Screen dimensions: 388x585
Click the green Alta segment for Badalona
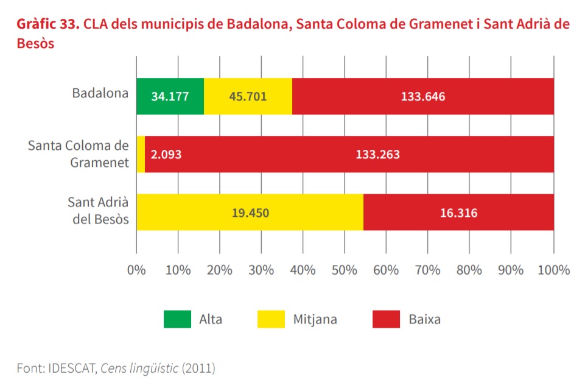(170, 96)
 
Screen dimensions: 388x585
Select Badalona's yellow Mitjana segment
(248, 96)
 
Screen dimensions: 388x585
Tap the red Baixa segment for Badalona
(422, 96)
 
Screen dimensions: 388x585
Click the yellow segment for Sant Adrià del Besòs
(250, 213)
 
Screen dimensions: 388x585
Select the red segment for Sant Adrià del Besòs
(458, 213)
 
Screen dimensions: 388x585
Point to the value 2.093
(166, 154)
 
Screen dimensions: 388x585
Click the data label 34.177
(170, 96)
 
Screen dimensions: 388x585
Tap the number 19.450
(250, 213)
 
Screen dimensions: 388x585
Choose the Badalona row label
(100, 94)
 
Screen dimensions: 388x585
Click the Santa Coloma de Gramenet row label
(79, 154)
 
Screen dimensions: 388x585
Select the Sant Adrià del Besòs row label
(98, 210)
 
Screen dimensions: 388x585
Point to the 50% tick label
(345, 270)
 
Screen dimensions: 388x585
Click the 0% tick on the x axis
(136, 270)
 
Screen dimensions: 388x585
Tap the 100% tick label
(553, 270)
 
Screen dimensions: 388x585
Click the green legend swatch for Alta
(177, 319)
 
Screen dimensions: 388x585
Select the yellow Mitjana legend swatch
(270, 319)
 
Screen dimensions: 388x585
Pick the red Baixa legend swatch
(386, 319)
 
